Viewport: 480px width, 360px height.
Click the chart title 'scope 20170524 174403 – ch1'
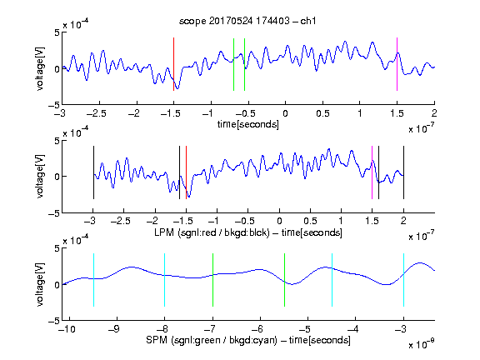(x=247, y=21)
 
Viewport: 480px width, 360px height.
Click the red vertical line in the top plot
(x=173, y=64)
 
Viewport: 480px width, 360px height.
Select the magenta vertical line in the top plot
(x=397, y=64)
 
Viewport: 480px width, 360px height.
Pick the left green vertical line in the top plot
(x=233, y=64)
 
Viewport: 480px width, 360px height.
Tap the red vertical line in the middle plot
(x=186, y=172)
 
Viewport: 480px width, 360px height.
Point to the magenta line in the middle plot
(x=372, y=172)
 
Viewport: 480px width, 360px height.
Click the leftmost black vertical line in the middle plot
(x=93, y=172)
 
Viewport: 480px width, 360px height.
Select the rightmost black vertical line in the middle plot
(x=403, y=172)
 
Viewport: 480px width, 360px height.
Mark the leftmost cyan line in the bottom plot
(x=93, y=280)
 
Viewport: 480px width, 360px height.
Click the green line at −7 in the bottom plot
(x=212, y=280)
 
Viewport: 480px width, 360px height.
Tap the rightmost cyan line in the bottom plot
(x=403, y=280)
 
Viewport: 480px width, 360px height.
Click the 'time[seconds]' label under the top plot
(x=248, y=124)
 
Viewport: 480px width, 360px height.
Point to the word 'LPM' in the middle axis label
(x=164, y=232)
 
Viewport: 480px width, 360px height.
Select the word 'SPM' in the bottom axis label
(x=157, y=340)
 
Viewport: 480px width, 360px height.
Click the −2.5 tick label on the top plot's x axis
(x=96, y=113)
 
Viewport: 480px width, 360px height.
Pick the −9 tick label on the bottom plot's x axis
(x=114, y=329)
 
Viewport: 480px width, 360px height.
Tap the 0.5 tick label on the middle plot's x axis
(x=310, y=221)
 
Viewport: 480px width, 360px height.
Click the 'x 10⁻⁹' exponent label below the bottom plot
(x=421, y=345)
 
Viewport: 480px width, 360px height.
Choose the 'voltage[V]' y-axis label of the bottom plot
(x=40, y=284)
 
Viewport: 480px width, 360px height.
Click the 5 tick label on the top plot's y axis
(x=57, y=32)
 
